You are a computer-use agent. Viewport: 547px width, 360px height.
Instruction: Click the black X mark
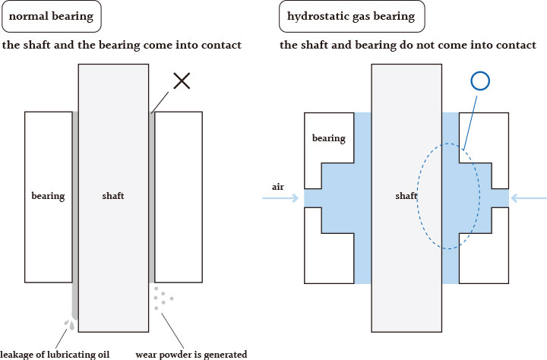pos(181,81)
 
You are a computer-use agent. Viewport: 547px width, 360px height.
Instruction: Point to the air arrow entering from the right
pos(527,198)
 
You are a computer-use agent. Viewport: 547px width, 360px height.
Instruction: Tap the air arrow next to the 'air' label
pos(281,198)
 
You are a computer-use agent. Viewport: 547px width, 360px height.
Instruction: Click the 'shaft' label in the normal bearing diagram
pos(113,196)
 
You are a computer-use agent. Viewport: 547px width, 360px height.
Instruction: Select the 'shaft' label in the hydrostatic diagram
pos(406,196)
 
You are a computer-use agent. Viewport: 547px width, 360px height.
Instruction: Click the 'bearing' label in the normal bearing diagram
pos(48,196)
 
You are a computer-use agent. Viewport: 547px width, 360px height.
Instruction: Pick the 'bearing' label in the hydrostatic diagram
pos(328,138)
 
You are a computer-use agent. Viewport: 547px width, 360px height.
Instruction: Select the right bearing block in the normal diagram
pos(179,196)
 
